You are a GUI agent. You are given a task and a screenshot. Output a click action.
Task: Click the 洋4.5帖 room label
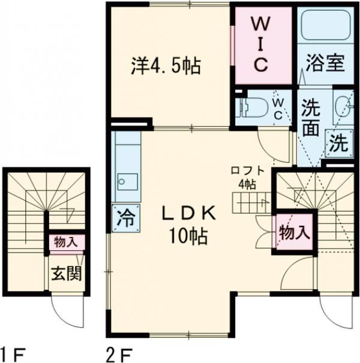(x=165, y=65)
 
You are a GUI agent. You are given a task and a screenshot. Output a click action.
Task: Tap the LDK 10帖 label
(x=191, y=225)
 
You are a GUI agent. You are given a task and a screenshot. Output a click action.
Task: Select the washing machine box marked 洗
(x=338, y=144)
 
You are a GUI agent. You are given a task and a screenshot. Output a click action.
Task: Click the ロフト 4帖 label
(x=246, y=178)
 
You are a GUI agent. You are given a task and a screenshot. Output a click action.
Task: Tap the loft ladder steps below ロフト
(x=245, y=203)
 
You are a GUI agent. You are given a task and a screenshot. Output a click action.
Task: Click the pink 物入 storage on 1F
(x=66, y=242)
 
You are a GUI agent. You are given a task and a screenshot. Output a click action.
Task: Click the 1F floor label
(x=11, y=352)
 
